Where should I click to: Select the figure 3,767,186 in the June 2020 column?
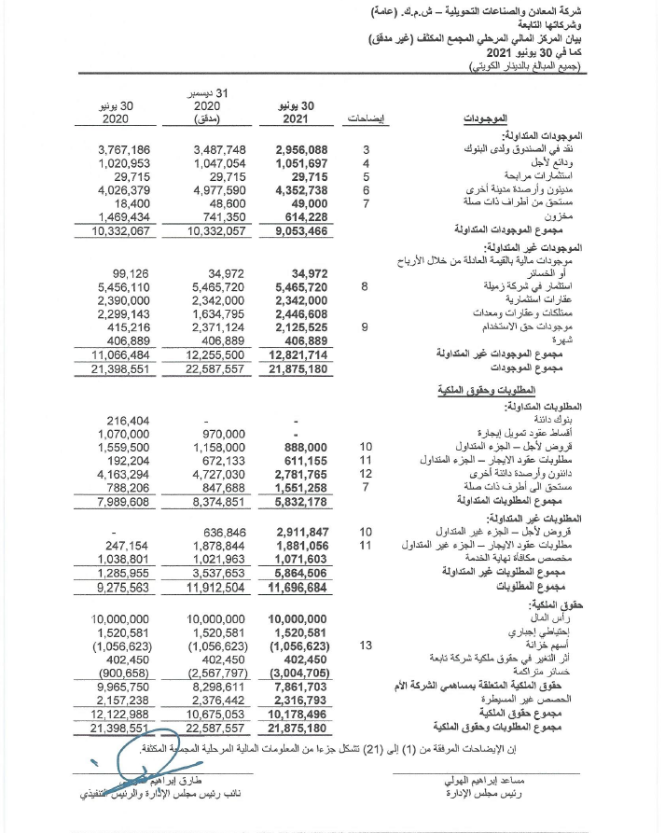tap(123, 149)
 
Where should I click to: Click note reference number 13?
tap(366, 645)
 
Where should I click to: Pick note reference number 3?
tap(366, 149)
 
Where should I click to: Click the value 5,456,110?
tap(123, 287)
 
